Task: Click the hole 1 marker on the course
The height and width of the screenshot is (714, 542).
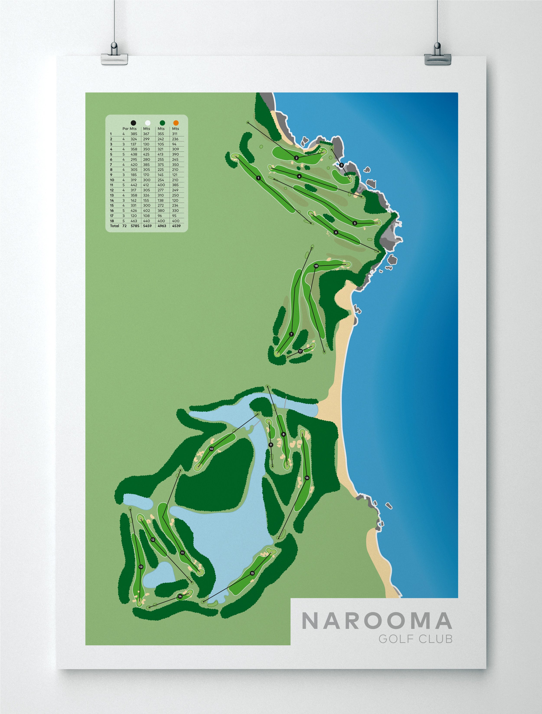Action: [258, 178]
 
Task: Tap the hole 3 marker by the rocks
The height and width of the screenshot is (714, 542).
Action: [341, 165]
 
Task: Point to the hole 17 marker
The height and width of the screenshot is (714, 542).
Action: [300, 351]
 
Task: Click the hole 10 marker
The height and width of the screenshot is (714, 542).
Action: [211, 449]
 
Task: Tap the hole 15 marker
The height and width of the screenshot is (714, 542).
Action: [252, 573]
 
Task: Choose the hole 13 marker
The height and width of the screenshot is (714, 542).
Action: [141, 567]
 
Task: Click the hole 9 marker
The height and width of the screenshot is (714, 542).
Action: [271, 445]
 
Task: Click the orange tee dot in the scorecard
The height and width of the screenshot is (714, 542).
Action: [176, 123]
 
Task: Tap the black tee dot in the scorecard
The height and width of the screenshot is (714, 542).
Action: [133, 123]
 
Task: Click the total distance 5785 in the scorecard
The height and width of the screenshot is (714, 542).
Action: [135, 226]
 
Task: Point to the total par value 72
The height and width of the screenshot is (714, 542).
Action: [124, 226]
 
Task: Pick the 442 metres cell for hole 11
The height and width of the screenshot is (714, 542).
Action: [134, 185]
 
